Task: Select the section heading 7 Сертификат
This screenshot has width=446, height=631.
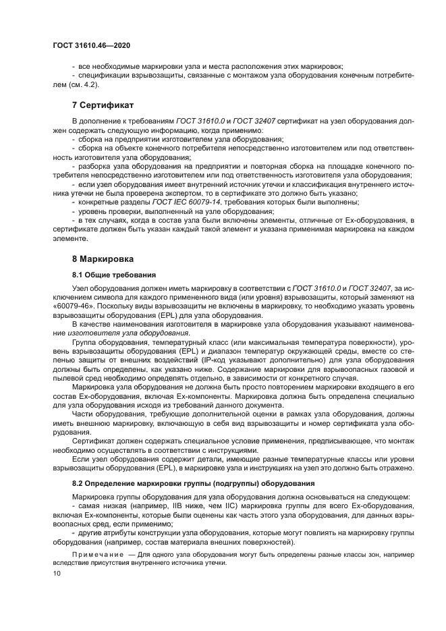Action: point(103,106)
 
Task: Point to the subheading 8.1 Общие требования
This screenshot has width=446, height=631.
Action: point(113,275)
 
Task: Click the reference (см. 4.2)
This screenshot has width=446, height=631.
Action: point(84,86)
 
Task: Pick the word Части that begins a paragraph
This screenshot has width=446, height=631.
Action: point(84,414)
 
